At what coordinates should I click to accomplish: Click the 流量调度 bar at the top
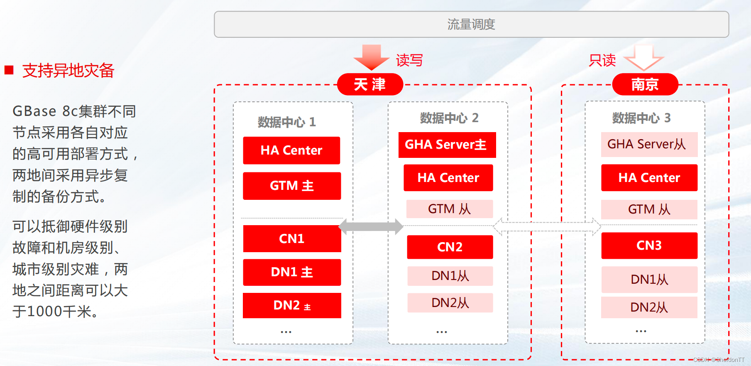tap(471, 25)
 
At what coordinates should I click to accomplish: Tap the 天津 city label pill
tap(370, 84)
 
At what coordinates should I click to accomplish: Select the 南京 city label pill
tap(645, 84)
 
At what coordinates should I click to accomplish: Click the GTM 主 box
tap(292, 186)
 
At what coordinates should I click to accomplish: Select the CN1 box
tap(292, 238)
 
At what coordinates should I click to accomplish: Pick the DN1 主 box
tap(292, 272)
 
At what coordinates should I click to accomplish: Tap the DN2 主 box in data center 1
tap(292, 305)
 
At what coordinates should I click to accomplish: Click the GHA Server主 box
tap(447, 145)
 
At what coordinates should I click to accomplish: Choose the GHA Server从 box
tap(649, 144)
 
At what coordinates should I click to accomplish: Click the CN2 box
tap(450, 247)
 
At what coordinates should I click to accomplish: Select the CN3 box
tap(649, 246)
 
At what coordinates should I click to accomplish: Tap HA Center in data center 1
tap(291, 150)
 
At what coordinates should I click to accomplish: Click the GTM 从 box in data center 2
tap(450, 209)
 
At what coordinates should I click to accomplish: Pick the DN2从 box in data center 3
tap(649, 307)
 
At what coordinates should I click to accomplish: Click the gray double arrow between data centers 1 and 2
tap(371, 226)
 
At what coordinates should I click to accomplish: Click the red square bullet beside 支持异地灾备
tap(9, 70)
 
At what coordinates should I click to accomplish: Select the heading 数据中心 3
tap(641, 118)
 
